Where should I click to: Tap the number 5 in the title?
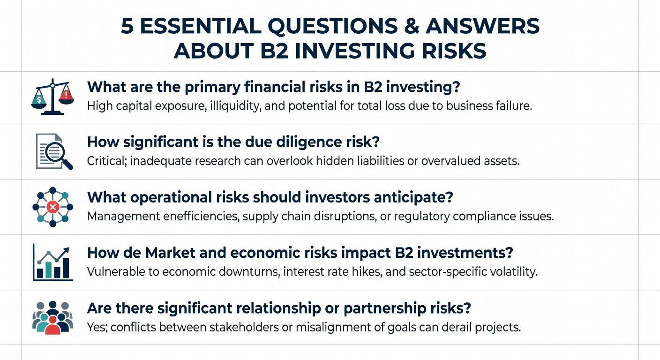pos(127,26)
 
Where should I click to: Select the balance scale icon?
pos(52,97)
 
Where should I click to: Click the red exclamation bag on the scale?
pos(66,96)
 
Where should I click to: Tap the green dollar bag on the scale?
pos(38,100)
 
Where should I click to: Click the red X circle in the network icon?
pos(53,207)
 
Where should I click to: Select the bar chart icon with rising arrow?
pos(53,262)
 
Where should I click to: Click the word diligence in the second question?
pos(307,142)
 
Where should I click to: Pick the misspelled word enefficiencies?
pos(201,216)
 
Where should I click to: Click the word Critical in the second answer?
pos(107,161)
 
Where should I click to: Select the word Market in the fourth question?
pos(170,253)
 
